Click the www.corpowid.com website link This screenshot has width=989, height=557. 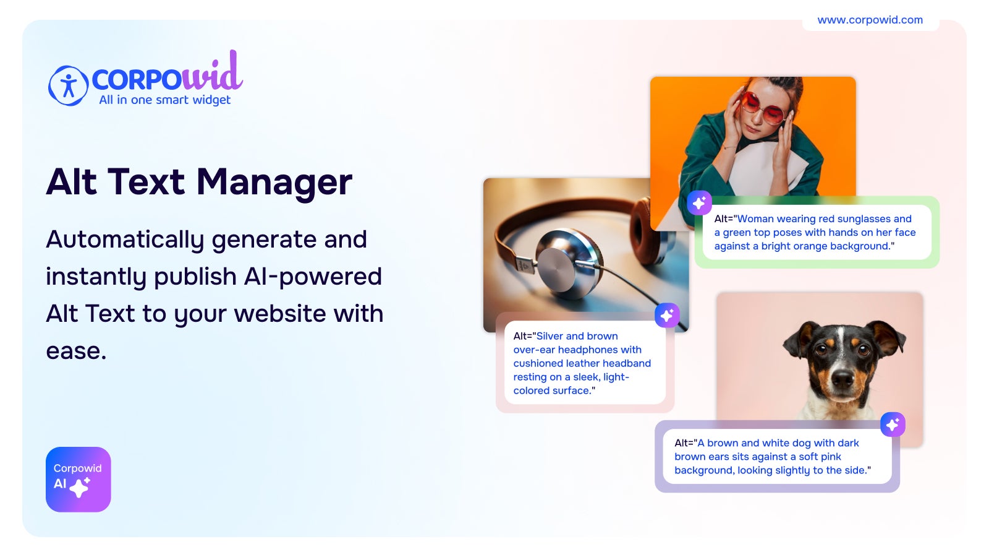pos(870,20)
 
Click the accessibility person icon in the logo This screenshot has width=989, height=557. pos(68,85)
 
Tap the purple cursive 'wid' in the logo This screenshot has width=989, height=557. pos(213,72)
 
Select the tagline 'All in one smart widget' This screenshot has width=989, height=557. pos(164,100)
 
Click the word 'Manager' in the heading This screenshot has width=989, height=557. pos(274,183)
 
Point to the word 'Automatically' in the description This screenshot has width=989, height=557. pos(125,240)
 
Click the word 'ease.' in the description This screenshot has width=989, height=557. pos(77,352)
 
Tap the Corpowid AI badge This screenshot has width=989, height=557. pos(78,480)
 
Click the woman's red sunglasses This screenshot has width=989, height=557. pos(763,108)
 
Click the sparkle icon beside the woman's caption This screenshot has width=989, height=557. pos(699,204)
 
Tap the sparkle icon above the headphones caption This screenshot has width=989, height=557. pos(667,315)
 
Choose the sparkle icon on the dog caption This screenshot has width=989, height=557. pos(893,425)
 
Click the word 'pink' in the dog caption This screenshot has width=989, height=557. pos(831,457)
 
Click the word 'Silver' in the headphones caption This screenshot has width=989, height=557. pos(549,336)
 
